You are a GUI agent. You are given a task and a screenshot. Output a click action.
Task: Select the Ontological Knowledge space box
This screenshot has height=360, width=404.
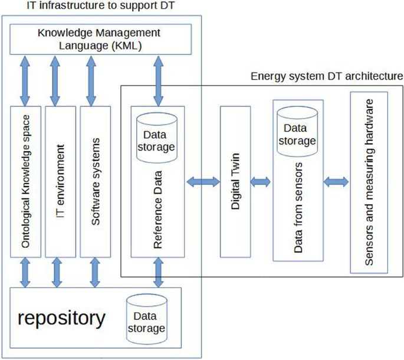[25, 182]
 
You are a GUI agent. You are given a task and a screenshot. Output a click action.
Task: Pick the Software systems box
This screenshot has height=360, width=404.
[94, 182]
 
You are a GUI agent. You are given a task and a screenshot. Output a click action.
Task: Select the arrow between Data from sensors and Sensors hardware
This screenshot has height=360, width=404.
[337, 182]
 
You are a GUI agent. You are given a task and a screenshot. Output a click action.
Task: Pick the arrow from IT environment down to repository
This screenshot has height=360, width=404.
[58, 272]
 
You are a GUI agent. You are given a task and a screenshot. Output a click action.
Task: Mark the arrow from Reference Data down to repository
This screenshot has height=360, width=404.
[158, 272]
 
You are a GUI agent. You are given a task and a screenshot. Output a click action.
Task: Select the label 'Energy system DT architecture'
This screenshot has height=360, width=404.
[326, 76]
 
